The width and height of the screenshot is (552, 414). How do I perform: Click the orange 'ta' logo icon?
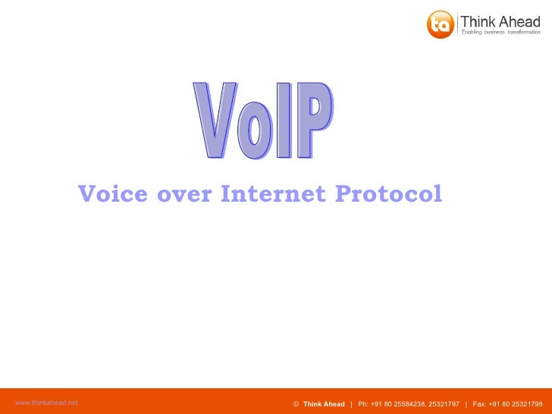pyautogui.click(x=440, y=24)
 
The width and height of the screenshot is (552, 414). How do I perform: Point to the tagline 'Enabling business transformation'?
pyautogui.click(x=501, y=33)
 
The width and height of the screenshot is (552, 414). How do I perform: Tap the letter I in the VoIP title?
pyautogui.click(x=283, y=122)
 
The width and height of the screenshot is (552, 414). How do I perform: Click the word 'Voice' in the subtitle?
pyautogui.click(x=113, y=194)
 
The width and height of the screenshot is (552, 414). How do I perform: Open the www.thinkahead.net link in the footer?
pyautogui.click(x=46, y=403)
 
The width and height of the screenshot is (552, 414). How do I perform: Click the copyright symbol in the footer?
pyautogui.click(x=296, y=404)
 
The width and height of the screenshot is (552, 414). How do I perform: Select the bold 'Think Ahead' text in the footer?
pyautogui.click(x=324, y=404)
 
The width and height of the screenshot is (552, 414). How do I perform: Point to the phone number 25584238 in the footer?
pyautogui.click(x=409, y=404)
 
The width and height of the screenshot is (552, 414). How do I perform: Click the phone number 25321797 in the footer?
pyautogui.click(x=444, y=404)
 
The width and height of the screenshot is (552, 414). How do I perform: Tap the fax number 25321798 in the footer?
pyautogui.click(x=528, y=404)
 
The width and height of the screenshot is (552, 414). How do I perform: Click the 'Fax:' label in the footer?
pyautogui.click(x=480, y=404)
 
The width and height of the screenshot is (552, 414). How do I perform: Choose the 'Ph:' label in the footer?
pyautogui.click(x=363, y=404)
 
